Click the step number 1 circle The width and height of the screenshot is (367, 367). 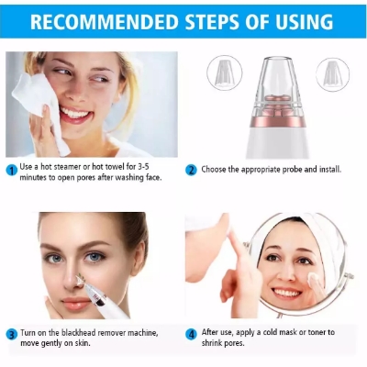point(11,170)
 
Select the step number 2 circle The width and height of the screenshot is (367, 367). point(191,170)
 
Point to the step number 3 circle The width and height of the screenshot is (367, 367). point(11,333)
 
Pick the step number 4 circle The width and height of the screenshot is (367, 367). point(191,333)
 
